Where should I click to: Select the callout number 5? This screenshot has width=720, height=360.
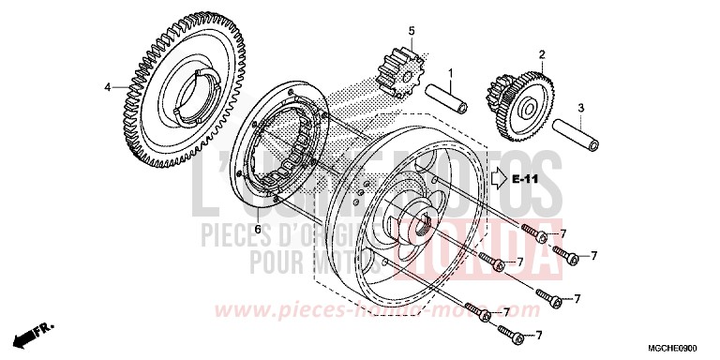tap(410, 31)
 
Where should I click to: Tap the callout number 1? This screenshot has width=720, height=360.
tap(449, 72)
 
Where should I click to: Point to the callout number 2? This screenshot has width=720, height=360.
tap(541, 53)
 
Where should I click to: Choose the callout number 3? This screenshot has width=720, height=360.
tap(580, 108)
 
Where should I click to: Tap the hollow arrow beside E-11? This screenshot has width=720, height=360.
tap(498, 177)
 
